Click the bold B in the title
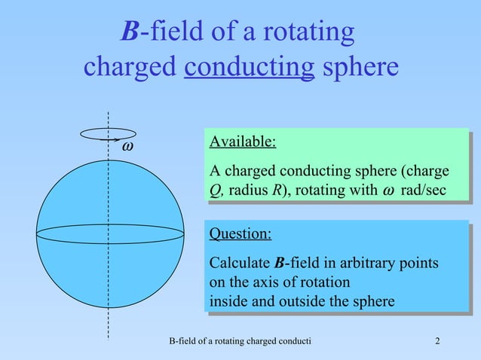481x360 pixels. [130, 32]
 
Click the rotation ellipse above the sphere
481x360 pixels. [108, 133]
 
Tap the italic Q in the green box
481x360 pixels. [214, 190]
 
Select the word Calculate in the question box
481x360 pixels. [240, 264]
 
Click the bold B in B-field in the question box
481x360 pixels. [280, 264]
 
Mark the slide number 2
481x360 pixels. [438, 344]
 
